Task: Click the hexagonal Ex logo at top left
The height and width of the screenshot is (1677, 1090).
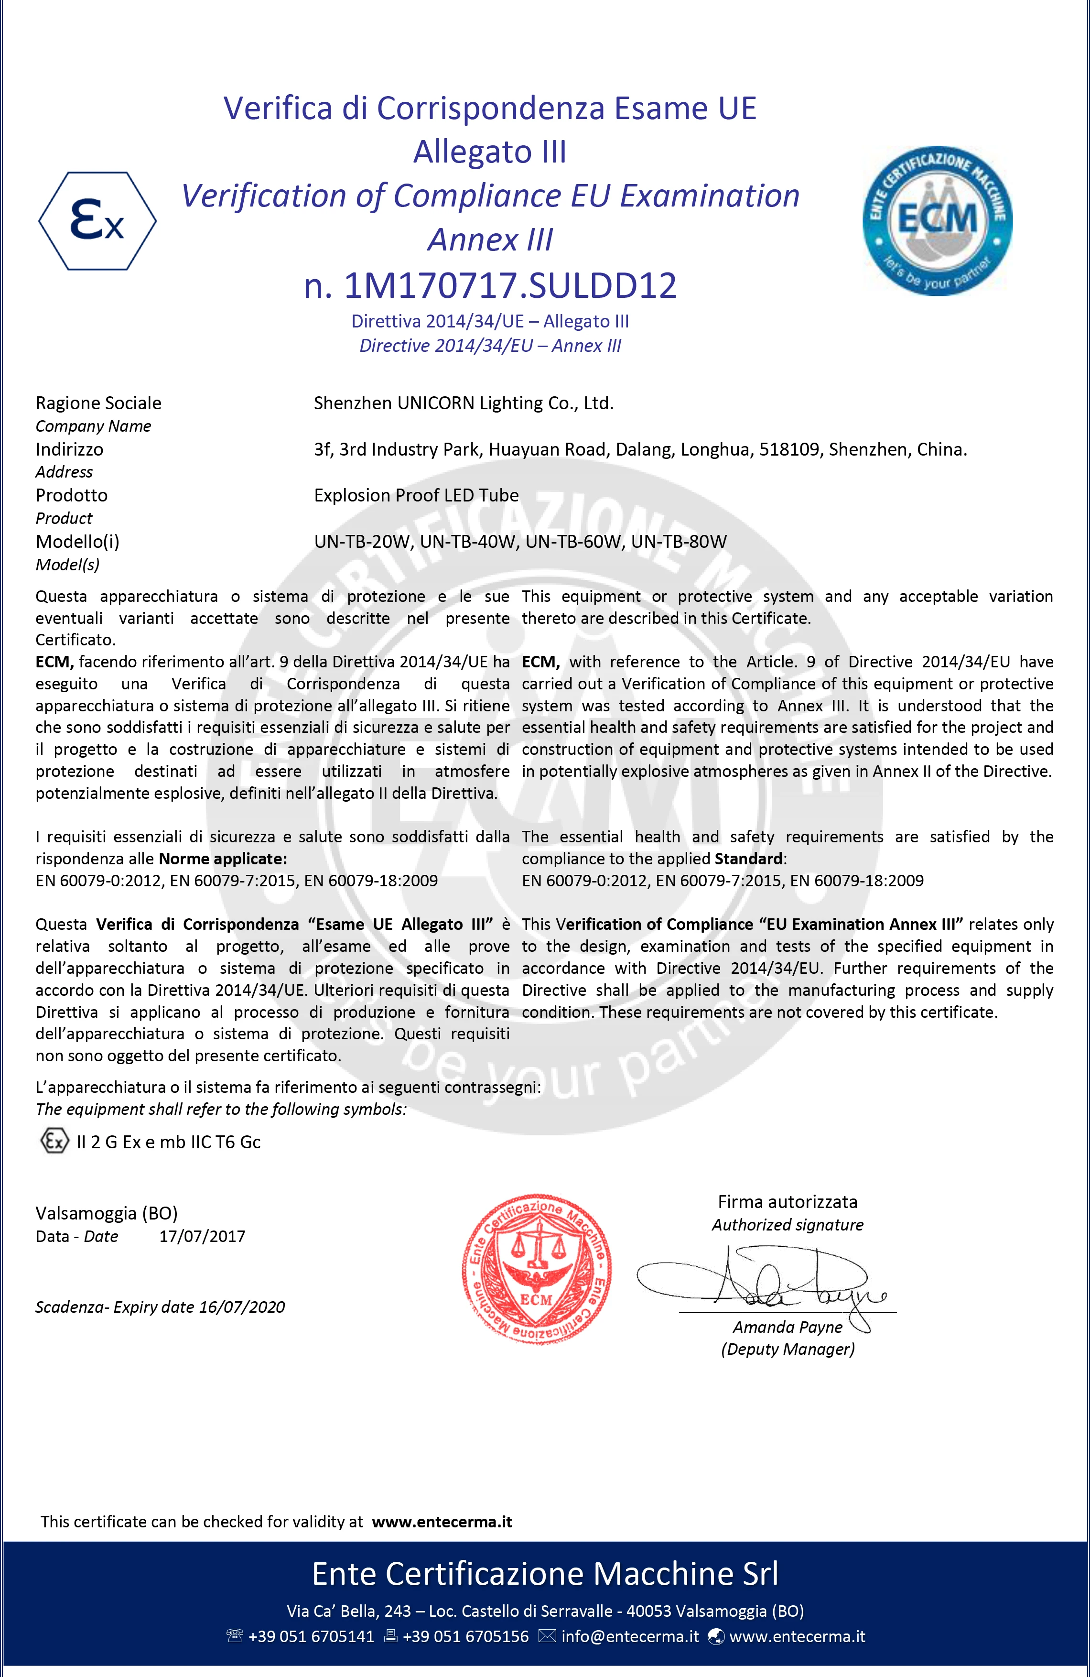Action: [x=97, y=220]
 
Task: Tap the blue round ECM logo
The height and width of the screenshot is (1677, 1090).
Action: [x=937, y=220]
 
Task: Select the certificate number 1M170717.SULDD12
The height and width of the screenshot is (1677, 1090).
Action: [x=510, y=285]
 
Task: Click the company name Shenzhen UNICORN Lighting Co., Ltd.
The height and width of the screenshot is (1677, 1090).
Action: [x=464, y=403]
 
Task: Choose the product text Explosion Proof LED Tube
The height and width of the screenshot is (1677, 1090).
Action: [x=416, y=495]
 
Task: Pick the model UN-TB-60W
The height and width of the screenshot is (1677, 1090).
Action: [x=573, y=541]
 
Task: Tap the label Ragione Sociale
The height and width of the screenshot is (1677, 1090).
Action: [x=98, y=403]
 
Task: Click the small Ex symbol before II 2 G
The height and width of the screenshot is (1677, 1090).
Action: [x=54, y=1142]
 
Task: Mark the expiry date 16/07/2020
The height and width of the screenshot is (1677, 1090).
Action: [x=241, y=1307]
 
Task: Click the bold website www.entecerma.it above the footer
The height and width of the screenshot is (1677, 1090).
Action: [x=442, y=1521]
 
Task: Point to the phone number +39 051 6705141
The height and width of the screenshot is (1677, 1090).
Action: [x=311, y=1636]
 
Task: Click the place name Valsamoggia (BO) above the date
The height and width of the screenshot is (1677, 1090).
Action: [x=107, y=1213]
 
